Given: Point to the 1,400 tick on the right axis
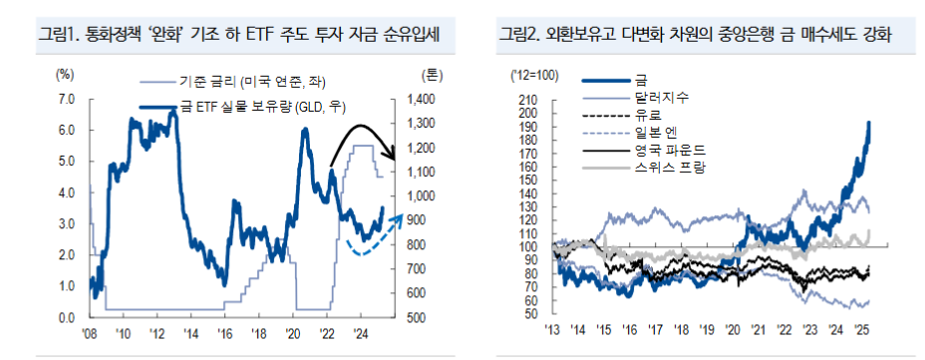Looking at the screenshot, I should [x=422, y=98].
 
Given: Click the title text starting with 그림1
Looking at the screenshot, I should [x=239, y=36].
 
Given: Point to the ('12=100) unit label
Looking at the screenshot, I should [x=535, y=75].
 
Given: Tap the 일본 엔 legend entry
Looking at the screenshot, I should [x=656, y=132].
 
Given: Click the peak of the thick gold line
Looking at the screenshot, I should [x=869, y=123].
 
